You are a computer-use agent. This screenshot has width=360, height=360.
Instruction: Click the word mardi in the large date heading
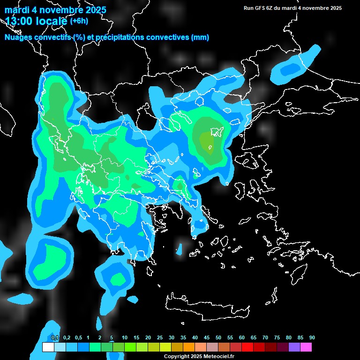tap(16, 10)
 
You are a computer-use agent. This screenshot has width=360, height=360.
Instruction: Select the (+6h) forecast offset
tap(79, 21)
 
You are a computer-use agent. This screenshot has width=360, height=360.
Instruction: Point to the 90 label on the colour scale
tap(312, 337)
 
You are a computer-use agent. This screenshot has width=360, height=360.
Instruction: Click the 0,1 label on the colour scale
tap(55, 337)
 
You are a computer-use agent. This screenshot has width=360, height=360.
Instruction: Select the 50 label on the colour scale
tap(218, 337)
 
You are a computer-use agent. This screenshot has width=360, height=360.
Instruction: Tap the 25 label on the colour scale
tap(160, 337)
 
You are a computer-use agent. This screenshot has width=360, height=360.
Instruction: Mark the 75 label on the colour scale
tap(277, 337)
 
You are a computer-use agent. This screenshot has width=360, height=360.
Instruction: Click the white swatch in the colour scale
tap(48, 347)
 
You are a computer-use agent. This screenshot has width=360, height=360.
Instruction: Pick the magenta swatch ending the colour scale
tap(306, 347)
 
